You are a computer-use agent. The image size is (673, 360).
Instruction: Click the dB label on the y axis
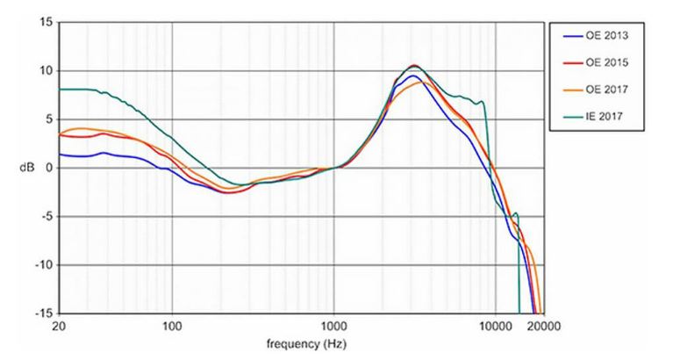pos(29,168)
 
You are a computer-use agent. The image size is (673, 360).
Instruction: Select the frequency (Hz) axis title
pos(300,342)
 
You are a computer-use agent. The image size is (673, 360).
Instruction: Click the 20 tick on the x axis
pos(59,326)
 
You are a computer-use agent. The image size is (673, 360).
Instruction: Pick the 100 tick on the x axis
pos(172,326)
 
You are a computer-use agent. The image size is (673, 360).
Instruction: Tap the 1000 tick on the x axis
pos(333,326)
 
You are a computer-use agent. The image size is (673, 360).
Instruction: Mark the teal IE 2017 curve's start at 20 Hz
pos(60,90)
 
